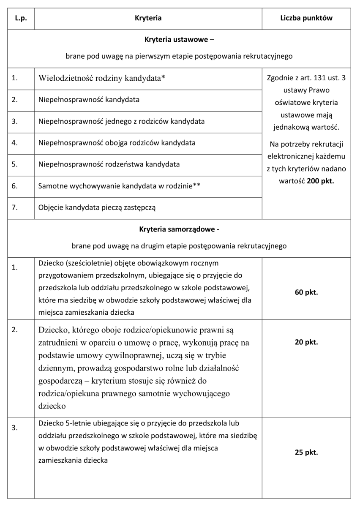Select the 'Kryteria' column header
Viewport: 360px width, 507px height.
click(x=148, y=19)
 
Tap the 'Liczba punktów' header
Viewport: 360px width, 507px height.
click(x=306, y=19)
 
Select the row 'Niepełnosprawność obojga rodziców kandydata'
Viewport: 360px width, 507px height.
click(x=117, y=143)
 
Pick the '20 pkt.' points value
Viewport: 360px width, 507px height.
click(x=306, y=342)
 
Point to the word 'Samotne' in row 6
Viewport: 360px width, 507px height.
click(x=50, y=186)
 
